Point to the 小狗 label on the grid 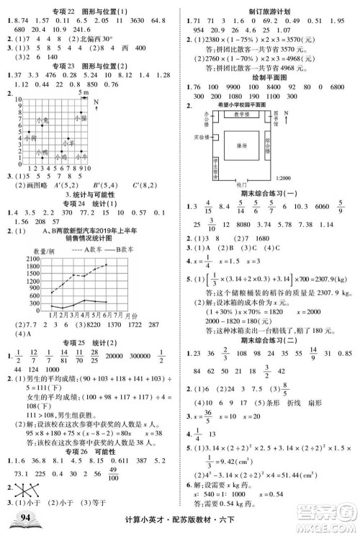coord(30,137)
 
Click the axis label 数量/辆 coord(35,249)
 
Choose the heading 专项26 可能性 coord(89,430)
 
